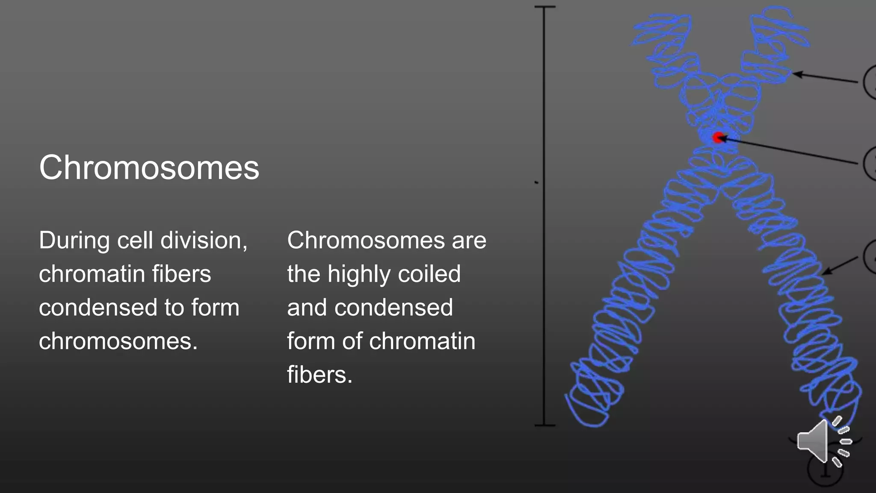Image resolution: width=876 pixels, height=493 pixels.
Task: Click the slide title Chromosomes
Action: click(x=149, y=168)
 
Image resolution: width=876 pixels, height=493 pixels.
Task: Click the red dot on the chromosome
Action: click(x=718, y=137)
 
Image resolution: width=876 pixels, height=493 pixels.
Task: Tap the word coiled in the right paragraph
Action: click(x=429, y=274)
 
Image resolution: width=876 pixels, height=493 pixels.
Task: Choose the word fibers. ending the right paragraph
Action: click(x=320, y=375)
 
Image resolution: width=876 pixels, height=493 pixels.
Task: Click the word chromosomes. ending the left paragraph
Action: click(x=118, y=342)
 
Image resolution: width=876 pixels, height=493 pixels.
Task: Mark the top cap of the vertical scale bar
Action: click(x=545, y=7)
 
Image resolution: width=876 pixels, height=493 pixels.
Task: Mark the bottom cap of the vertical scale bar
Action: click(x=545, y=425)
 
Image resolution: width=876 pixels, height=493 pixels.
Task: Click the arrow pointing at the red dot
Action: click(x=791, y=151)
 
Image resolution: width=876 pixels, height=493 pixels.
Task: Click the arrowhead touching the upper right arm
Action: click(x=796, y=74)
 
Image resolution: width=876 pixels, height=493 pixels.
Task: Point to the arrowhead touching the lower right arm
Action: click(x=826, y=272)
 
